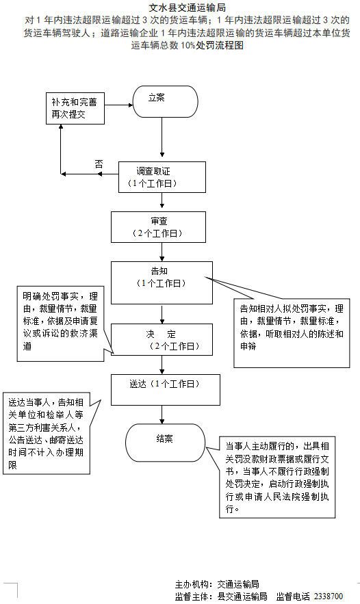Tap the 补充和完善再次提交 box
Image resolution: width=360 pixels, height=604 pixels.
point(75,109)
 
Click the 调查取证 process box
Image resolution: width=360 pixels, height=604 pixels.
point(162,177)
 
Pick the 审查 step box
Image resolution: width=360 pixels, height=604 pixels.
point(158,227)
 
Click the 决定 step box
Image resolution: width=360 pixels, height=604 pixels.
point(162,340)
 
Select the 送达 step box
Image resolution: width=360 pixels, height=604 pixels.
point(160,389)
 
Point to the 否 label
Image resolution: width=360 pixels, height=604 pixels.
point(99,164)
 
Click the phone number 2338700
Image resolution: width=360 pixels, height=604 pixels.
point(329,596)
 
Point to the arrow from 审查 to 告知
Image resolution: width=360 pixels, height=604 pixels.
point(162,251)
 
